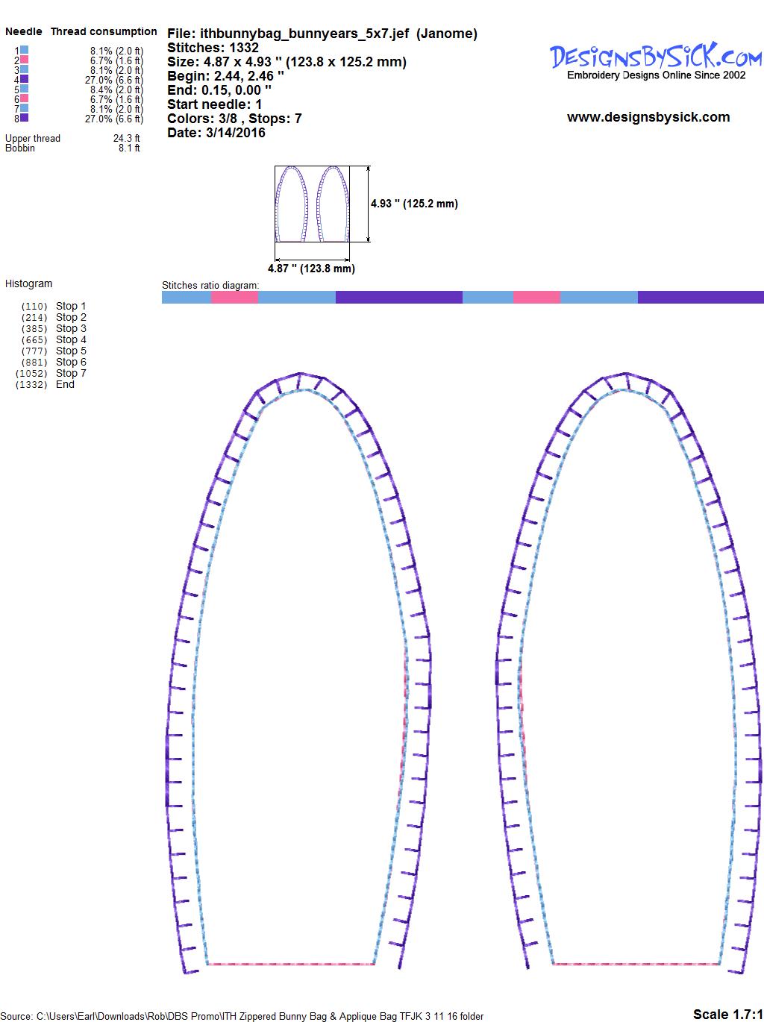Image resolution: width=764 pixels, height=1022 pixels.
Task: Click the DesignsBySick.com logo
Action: [x=656, y=61]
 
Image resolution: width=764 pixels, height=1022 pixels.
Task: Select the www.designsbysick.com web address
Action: [x=648, y=117]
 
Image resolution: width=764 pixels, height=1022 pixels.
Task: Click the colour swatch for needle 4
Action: [x=24, y=79]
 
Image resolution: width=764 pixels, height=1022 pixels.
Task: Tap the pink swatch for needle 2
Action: [x=24, y=60]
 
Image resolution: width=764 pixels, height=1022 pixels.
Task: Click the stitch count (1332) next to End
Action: [x=31, y=385]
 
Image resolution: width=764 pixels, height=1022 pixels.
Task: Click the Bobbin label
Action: [x=20, y=148]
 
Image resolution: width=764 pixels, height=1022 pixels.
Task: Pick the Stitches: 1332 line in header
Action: [x=213, y=48]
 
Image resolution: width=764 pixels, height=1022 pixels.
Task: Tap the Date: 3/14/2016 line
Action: [x=216, y=133]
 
